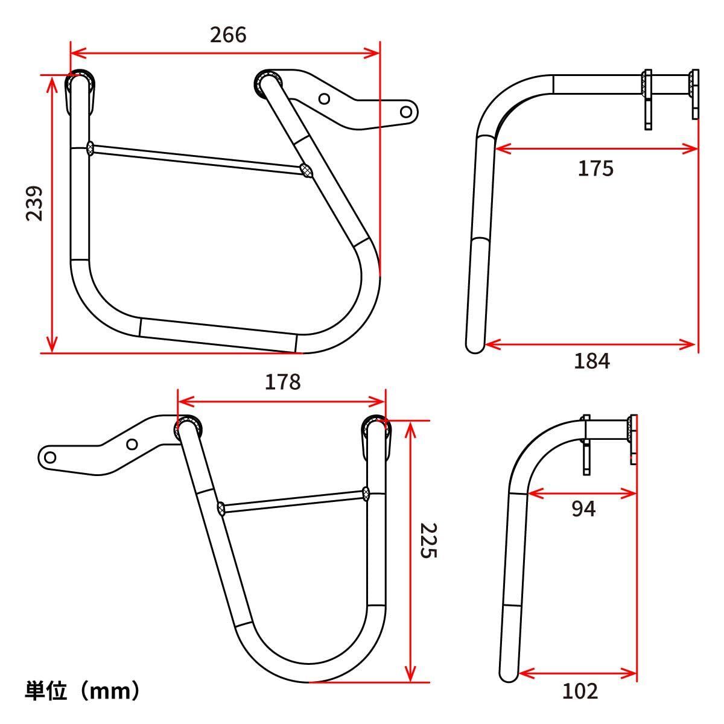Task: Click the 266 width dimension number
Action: [228, 35]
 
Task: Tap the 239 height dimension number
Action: [34, 203]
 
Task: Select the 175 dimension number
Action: [595, 168]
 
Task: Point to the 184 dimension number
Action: [591, 361]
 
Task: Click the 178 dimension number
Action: [282, 382]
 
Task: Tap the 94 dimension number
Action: [583, 509]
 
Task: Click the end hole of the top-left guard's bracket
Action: [407, 112]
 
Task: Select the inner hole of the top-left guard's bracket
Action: [325, 98]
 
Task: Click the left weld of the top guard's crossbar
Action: [91, 148]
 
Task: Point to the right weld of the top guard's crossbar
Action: [307, 171]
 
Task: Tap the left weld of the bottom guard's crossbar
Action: [221, 508]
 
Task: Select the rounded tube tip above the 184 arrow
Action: [475, 348]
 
